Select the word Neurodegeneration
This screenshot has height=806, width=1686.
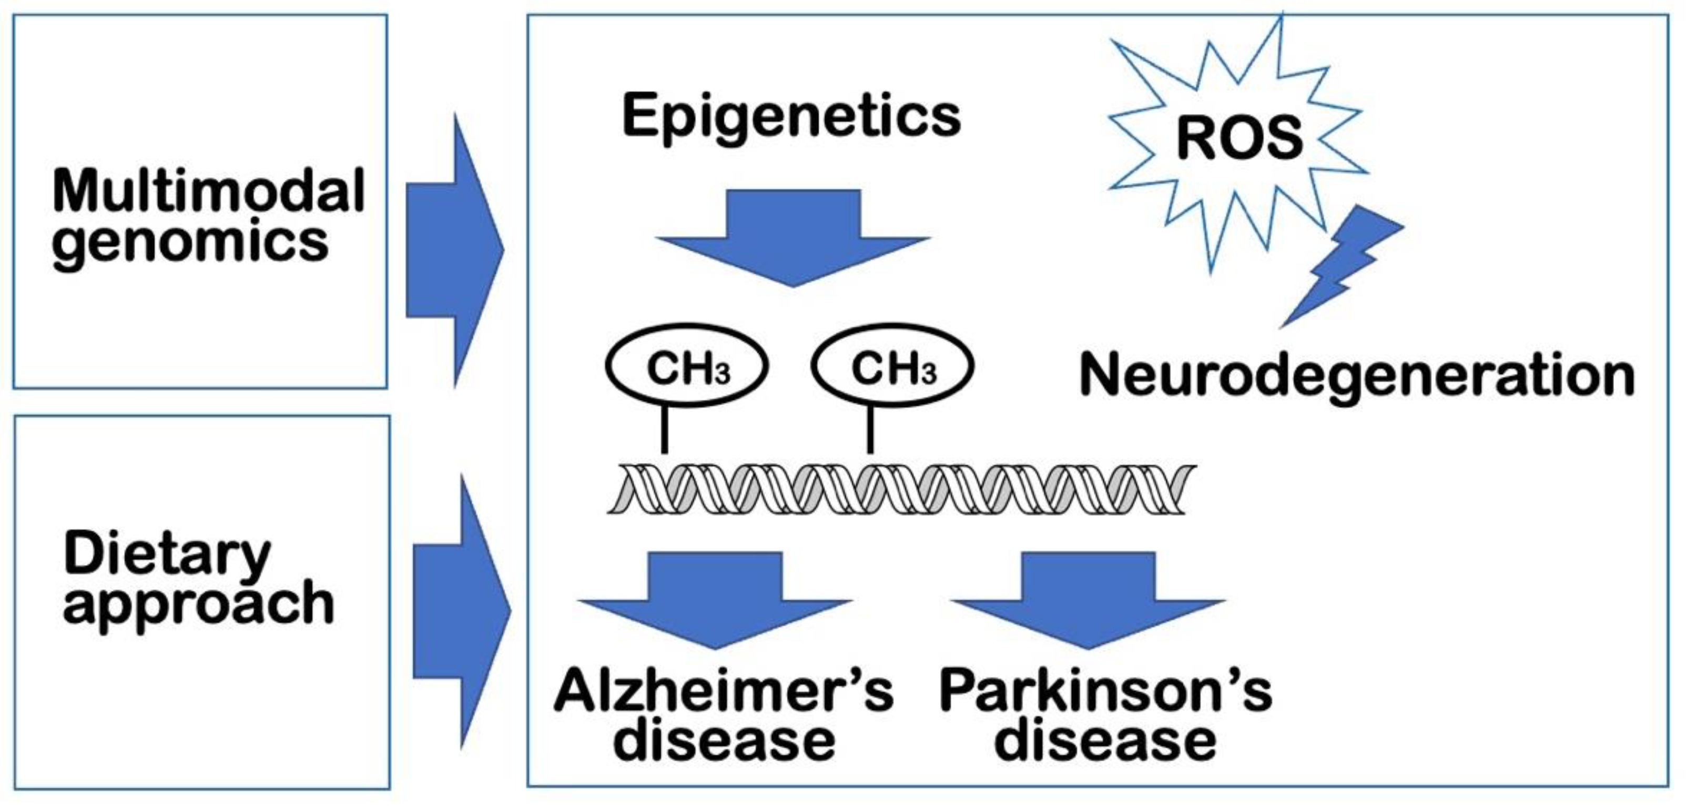tap(1357, 377)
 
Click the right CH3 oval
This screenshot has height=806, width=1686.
tap(892, 366)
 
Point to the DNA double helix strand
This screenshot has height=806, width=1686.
tap(901, 489)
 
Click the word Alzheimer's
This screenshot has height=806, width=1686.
tap(723, 692)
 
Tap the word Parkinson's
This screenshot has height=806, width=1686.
tap(1105, 692)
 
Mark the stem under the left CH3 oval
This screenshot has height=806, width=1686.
tap(664, 429)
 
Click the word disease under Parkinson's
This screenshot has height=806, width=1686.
tap(1105, 742)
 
